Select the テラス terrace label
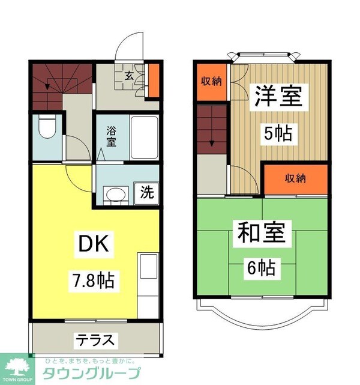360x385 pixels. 94,340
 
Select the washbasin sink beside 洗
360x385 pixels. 115,193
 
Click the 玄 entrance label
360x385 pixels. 129,76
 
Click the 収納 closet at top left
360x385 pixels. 211,81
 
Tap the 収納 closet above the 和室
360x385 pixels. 296,179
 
